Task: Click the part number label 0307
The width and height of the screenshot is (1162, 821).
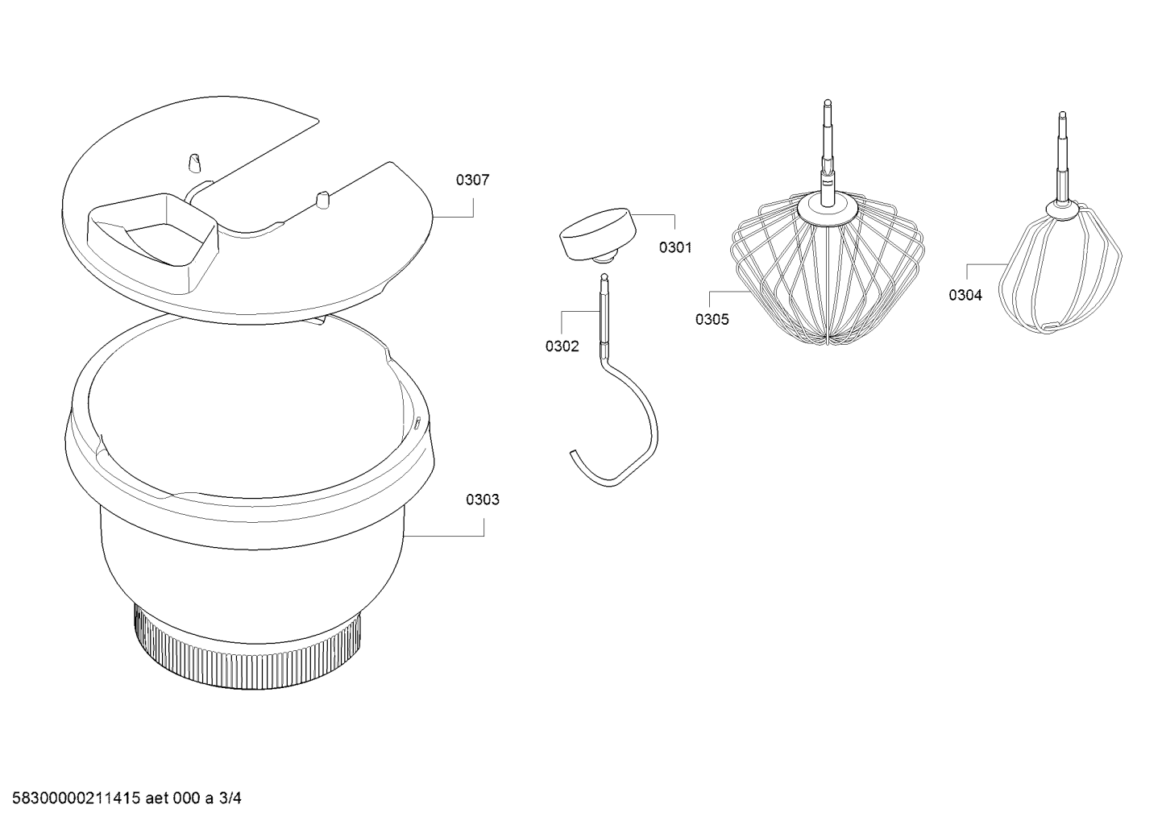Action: tap(472, 180)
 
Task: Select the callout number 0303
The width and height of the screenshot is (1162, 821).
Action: tap(483, 500)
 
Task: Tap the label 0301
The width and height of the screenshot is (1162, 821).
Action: tap(675, 247)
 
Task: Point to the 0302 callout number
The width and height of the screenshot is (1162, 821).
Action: tap(562, 346)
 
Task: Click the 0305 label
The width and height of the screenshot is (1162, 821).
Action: tap(712, 320)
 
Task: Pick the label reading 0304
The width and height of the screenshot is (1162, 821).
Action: tap(965, 295)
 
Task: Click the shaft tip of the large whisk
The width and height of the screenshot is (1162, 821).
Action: tap(828, 102)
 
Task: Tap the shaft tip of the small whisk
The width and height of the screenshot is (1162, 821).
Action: tap(1062, 114)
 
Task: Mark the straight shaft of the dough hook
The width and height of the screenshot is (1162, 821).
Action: tap(604, 311)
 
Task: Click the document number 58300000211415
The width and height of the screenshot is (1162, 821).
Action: tap(77, 798)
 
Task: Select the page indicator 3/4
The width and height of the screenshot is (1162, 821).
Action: tap(230, 798)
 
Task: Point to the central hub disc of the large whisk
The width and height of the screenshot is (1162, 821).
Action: tap(827, 211)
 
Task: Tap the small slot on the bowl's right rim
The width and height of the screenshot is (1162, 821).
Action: tap(417, 423)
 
